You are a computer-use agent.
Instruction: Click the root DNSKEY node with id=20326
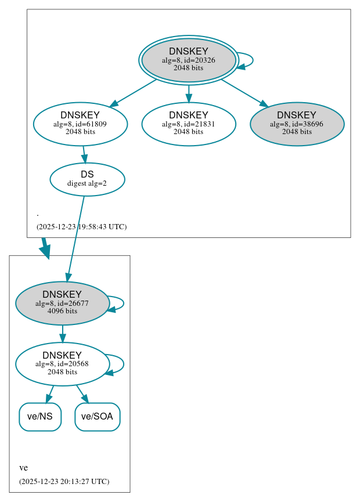tap(188, 60)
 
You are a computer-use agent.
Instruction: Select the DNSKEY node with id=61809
tap(80, 124)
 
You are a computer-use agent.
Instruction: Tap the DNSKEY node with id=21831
tap(188, 124)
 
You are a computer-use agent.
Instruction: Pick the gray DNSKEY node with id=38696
tap(297, 124)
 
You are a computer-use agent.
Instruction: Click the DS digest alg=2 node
tap(87, 179)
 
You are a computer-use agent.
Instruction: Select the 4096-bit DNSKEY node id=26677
tap(62, 303)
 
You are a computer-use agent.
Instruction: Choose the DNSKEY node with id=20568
tap(62, 364)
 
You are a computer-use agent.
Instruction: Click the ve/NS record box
tap(40, 417)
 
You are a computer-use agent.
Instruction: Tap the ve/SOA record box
tap(97, 417)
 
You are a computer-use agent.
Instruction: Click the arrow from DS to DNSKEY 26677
tap(76, 238)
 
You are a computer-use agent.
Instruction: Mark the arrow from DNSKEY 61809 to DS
tap(84, 154)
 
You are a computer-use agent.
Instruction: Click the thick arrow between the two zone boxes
tap(45, 248)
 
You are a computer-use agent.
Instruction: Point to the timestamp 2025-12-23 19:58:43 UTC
tap(81, 226)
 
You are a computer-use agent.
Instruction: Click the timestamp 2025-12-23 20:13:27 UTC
tap(64, 481)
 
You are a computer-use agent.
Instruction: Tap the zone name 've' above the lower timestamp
tap(23, 468)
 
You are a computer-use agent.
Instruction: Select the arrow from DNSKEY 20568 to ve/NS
tap(50, 393)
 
